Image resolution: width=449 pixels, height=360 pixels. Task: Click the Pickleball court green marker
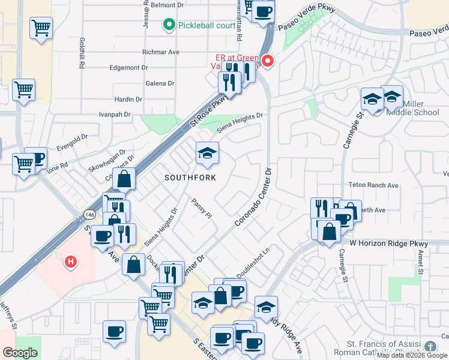(x=169, y=25)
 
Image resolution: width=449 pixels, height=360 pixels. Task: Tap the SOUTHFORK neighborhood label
(x=190, y=178)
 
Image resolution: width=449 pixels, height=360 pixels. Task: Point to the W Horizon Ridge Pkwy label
(x=388, y=244)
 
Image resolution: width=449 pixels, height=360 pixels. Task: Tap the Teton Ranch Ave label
(x=374, y=185)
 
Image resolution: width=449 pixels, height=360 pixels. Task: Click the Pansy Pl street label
(x=202, y=208)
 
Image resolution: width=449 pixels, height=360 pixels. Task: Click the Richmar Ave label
(x=161, y=52)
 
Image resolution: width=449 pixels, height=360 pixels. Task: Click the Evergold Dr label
(x=71, y=145)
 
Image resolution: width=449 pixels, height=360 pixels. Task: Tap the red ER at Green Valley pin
(x=268, y=61)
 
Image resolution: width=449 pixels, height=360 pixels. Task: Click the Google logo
(x=20, y=353)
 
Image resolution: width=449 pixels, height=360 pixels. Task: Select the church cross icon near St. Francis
(x=430, y=346)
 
